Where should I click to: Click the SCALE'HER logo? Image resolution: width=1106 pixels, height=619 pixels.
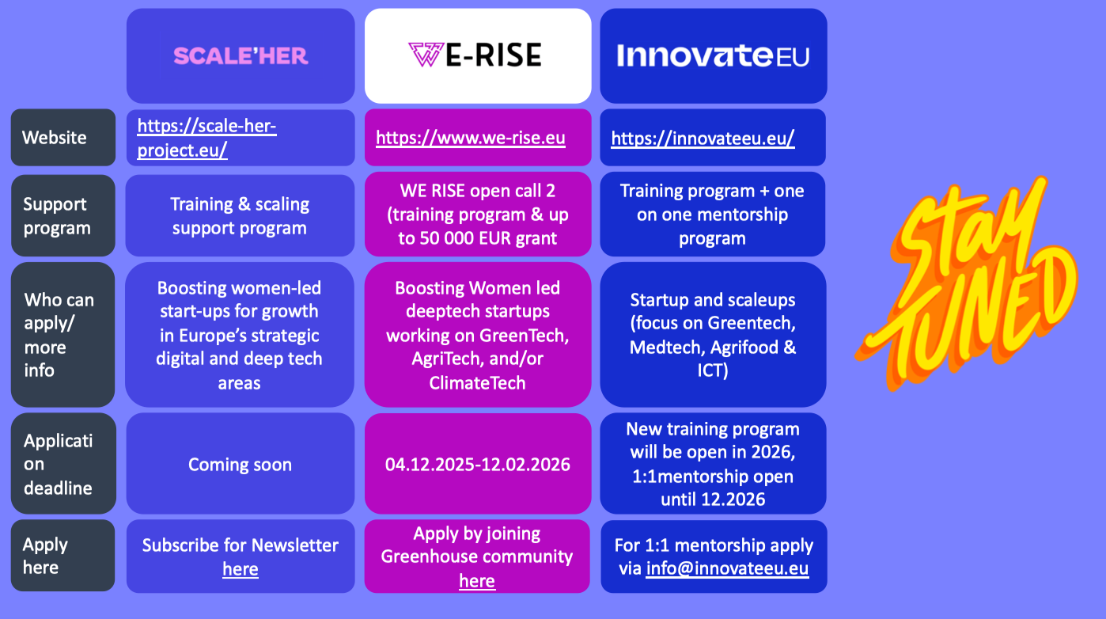[x=241, y=56]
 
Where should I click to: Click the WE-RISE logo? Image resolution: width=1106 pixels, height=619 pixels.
[x=475, y=55]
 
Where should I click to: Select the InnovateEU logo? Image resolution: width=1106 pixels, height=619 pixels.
[x=713, y=55]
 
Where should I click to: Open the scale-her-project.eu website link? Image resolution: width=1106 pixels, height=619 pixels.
[x=207, y=138]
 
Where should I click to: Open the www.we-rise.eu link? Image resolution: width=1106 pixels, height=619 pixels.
[x=471, y=138]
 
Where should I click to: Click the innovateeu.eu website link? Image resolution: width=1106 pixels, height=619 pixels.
[x=703, y=139]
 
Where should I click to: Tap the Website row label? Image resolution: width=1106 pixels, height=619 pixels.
[x=55, y=138]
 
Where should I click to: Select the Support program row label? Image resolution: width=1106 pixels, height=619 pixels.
[x=57, y=216]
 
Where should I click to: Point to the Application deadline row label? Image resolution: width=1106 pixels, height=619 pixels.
[x=59, y=465]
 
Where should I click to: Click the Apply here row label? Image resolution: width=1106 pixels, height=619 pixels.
[x=45, y=556]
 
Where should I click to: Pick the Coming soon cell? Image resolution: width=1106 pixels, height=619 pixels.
[x=240, y=465]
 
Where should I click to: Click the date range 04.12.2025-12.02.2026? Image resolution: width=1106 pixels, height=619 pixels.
[x=478, y=465]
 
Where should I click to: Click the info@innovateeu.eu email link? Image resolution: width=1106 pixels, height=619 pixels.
[x=727, y=568]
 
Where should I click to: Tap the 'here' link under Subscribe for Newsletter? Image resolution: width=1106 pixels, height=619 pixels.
[x=241, y=569]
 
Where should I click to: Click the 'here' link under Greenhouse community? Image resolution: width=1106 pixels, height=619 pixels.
[x=477, y=581]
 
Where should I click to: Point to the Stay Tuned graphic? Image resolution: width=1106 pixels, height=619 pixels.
[x=966, y=284]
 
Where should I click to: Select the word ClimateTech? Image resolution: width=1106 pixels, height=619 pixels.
[x=478, y=383]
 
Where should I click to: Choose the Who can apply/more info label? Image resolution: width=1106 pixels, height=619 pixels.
[x=59, y=335]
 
